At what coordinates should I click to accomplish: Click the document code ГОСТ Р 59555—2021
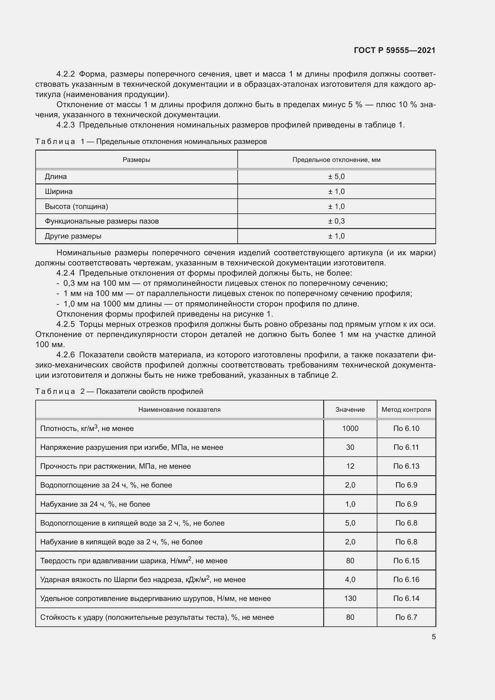click(394, 50)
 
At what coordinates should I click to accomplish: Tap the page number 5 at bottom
click(433, 637)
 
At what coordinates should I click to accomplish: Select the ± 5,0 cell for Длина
click(336, 177)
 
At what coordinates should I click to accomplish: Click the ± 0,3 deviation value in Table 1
click(336, 221)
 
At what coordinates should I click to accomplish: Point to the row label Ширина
click(59, 192)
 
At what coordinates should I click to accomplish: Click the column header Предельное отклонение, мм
click(336, 160)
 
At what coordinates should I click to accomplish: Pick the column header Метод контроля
click(406, 409)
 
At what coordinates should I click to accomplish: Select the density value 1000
click(350, 428)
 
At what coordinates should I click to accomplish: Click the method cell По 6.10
click(406, 428)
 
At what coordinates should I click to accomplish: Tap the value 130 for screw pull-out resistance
click(350, 598)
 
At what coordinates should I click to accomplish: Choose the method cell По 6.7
click(406, 617)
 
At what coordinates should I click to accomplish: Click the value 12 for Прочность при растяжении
click(350, 466)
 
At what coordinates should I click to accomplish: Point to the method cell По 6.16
click(406, 579)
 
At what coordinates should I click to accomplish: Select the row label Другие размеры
click(73, 236)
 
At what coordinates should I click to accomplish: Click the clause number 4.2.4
click(66, 273)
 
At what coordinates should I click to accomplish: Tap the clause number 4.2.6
click(66, 355)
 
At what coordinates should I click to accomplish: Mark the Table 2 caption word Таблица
click(55, 391)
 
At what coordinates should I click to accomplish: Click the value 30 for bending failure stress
click(350, 447)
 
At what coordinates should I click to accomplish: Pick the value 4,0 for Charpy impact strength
click(350, 579)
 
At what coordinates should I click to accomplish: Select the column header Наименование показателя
click(179, 409)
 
